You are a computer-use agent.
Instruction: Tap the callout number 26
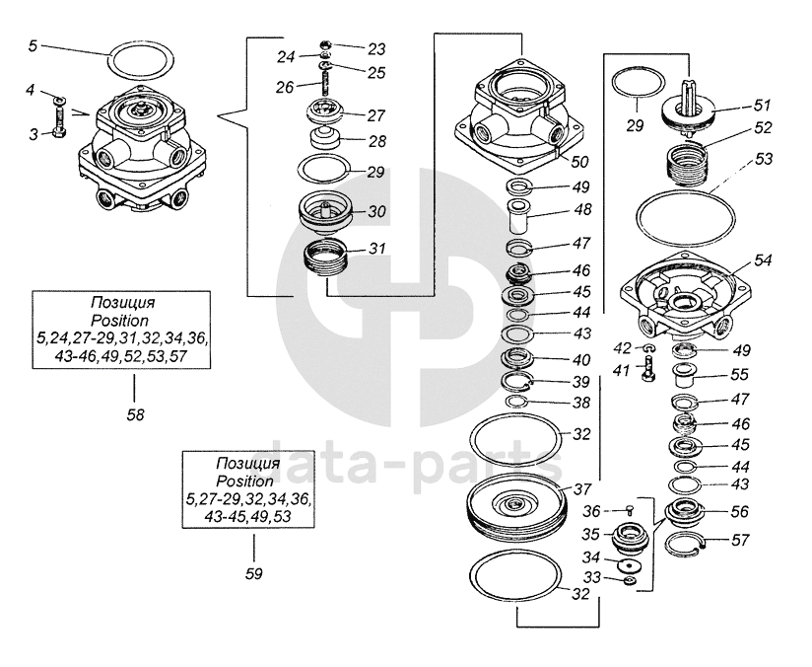pos(284,86)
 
